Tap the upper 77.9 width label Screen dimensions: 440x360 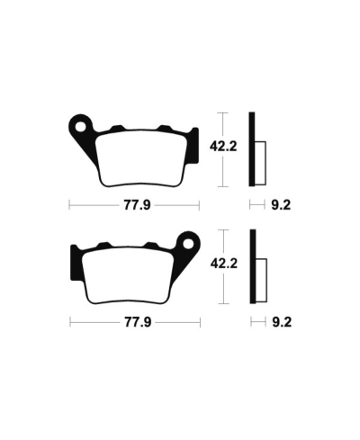click(x=134, y=205)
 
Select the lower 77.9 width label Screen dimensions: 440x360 click(x=134, y=321)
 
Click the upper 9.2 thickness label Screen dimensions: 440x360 click(x=280, y=205)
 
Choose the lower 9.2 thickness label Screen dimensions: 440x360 click(x=280, y=321)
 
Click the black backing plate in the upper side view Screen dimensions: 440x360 click(x=254, y=149)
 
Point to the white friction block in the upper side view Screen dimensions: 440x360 click(x=262, y=157)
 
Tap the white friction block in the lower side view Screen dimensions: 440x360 click(x=262, y=274)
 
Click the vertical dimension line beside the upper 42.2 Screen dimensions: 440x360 click(x=225, y=149)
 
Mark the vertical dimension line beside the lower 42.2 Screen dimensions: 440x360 click(x=225, y=265)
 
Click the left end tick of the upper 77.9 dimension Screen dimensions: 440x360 click(x=70, y=205)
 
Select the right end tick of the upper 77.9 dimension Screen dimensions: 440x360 click(x=199, y=205)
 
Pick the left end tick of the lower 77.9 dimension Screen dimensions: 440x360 click(x=70, y=321)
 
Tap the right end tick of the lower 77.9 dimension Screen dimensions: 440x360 click(x=199, y=321)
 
